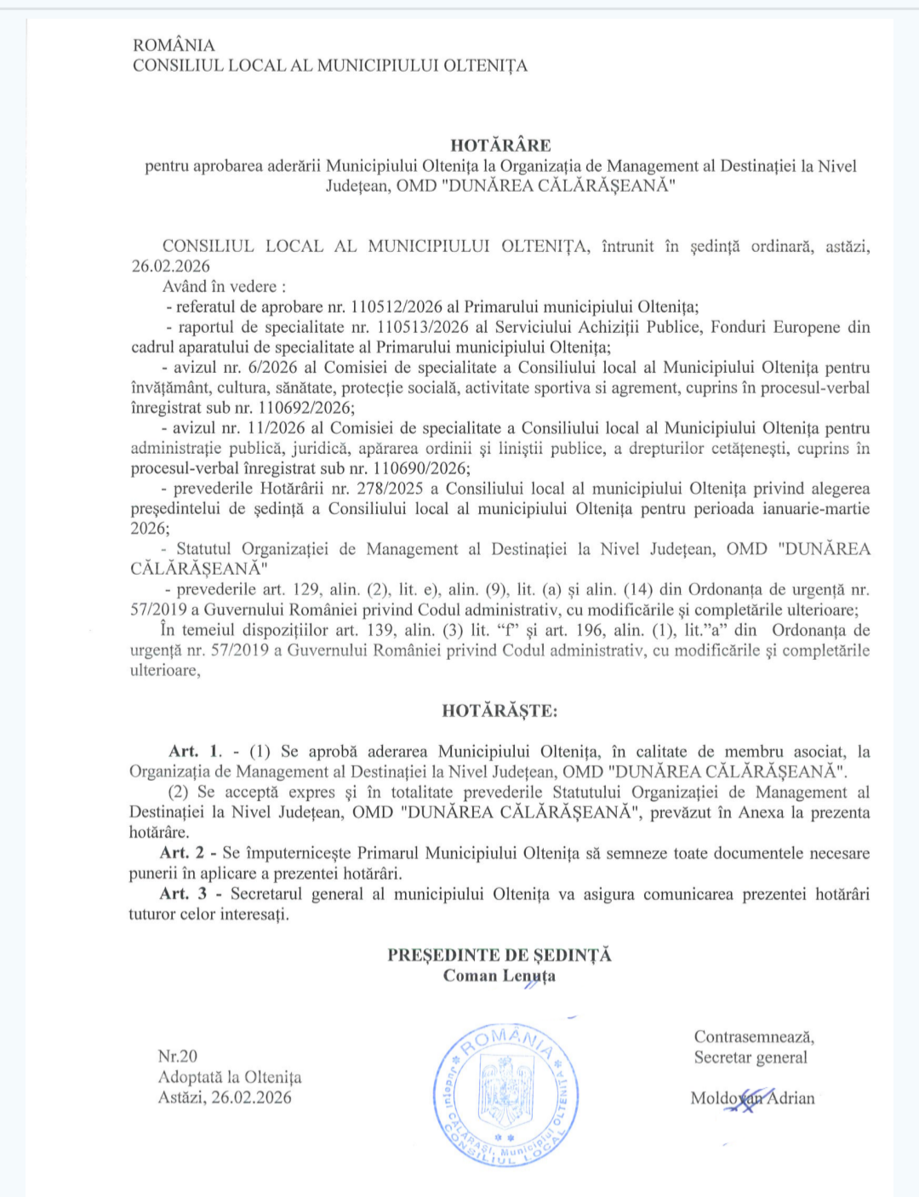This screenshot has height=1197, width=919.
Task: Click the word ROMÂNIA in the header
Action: tap(174, 45)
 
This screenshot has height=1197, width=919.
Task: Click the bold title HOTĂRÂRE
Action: tap(500, 146)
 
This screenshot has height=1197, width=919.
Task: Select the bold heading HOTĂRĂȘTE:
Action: tap(499, 711)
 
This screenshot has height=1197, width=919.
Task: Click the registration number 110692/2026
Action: tap(305, 408)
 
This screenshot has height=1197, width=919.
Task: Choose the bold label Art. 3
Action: tap(183, 894)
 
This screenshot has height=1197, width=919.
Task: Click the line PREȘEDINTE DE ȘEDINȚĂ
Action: tap(499, 955)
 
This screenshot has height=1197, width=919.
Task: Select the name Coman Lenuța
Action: tap(499, 976)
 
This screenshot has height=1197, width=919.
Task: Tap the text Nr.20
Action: tap(177, 1057)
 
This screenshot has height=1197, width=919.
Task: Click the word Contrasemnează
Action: tap(754, 1037)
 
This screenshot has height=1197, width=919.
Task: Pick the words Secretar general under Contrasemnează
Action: tap(751, 1057)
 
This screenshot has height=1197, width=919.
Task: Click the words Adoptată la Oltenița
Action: tap(230, 1077)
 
